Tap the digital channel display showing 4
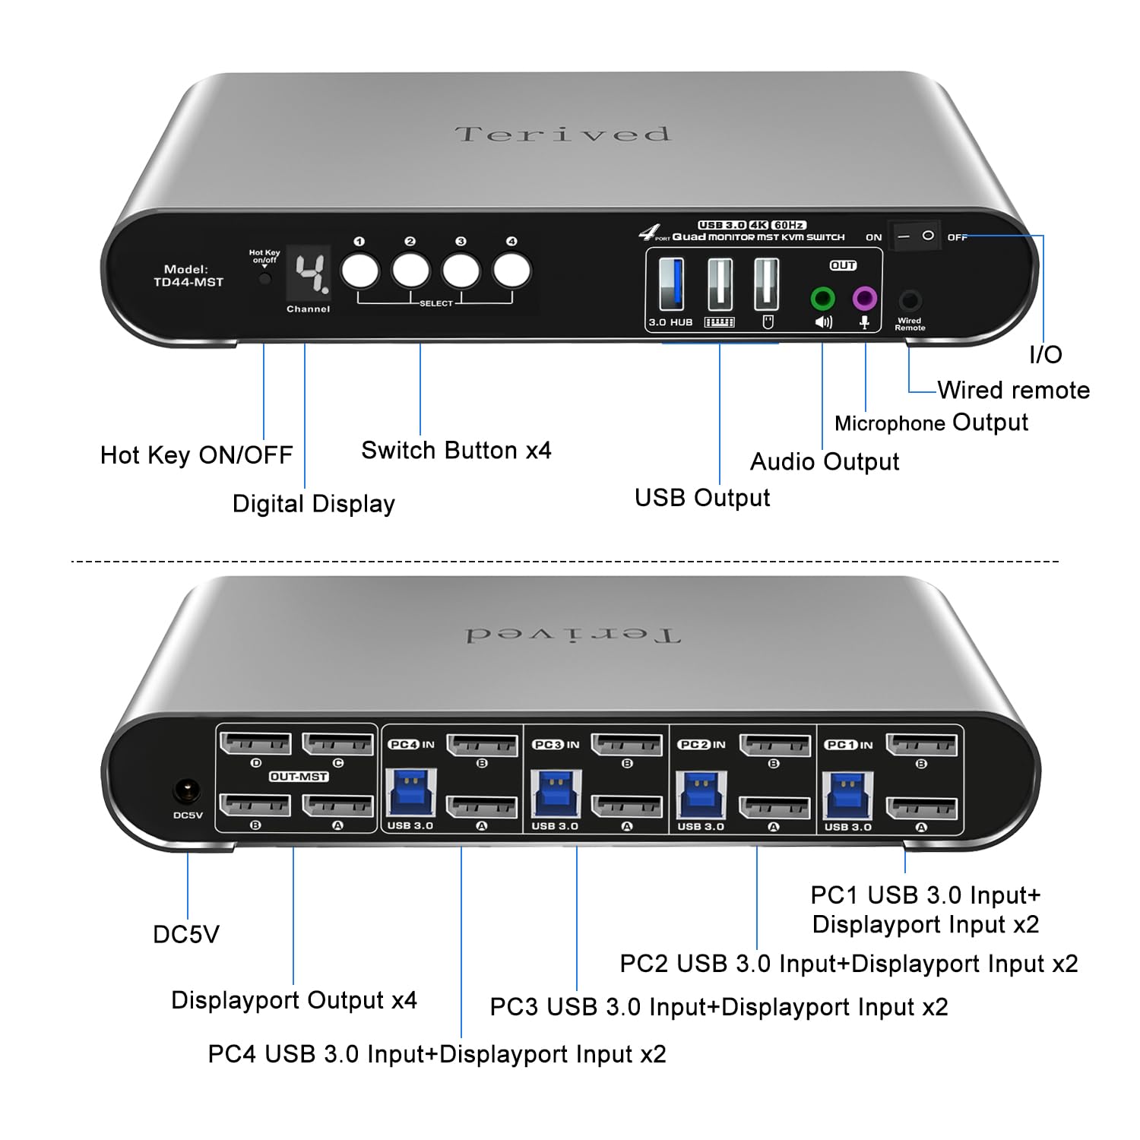[309, 274]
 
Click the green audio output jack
[822, 299]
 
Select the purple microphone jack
[864, 299]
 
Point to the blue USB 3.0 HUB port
[671, 284]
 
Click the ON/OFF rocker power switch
[915, 236]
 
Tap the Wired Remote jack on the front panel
[910, 300]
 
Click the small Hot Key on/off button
[264, 278]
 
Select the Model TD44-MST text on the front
[188, 276]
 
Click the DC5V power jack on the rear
[187, 792]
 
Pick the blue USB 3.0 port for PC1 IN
[847, 795]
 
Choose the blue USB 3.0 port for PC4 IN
[411, 794]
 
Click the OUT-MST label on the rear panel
[299, 777]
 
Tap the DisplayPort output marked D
[256, 743]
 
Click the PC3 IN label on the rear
[556, 745]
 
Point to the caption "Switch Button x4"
[456, 451]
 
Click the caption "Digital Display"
[313, 504]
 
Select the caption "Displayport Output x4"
[293, 1000]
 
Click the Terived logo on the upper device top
[562, 135]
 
